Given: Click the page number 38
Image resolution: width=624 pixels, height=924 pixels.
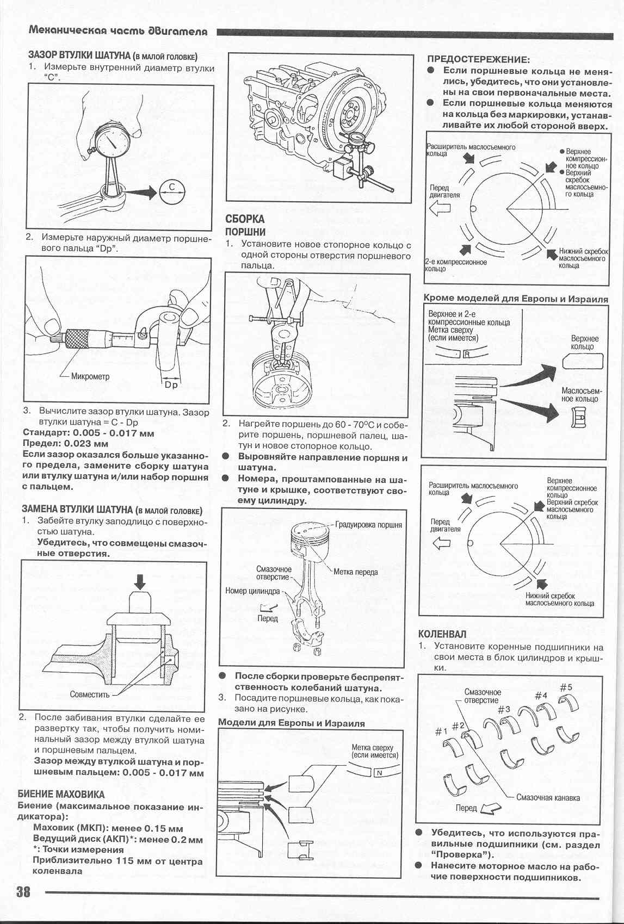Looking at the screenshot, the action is [23, 892].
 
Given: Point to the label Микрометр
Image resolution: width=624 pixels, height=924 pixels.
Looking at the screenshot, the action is [90, 376].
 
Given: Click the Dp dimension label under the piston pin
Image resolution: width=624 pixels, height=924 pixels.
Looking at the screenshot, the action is [171, 385].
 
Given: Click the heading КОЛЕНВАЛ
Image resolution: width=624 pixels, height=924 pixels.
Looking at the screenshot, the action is [442, 634].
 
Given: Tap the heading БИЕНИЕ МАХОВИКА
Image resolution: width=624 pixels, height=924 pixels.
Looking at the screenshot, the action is [61, 794].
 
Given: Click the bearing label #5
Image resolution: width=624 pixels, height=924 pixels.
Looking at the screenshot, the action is [566, 687].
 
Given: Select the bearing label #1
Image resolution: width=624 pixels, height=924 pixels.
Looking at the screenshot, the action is [441, 731].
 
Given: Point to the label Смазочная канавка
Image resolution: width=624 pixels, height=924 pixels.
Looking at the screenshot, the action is [547, 798].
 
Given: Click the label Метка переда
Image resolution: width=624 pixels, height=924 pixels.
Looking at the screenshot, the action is [355, 572].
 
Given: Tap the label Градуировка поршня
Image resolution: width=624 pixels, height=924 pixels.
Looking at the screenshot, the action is [368, 525].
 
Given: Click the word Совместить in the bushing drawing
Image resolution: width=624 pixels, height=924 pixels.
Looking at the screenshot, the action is [90, 694].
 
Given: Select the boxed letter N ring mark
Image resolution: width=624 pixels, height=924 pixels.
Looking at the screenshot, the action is [379, 773].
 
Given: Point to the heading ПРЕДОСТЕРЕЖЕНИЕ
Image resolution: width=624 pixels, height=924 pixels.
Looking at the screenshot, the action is [478, 59].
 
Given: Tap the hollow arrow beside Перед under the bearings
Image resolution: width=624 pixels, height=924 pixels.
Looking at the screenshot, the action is [491, 809].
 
